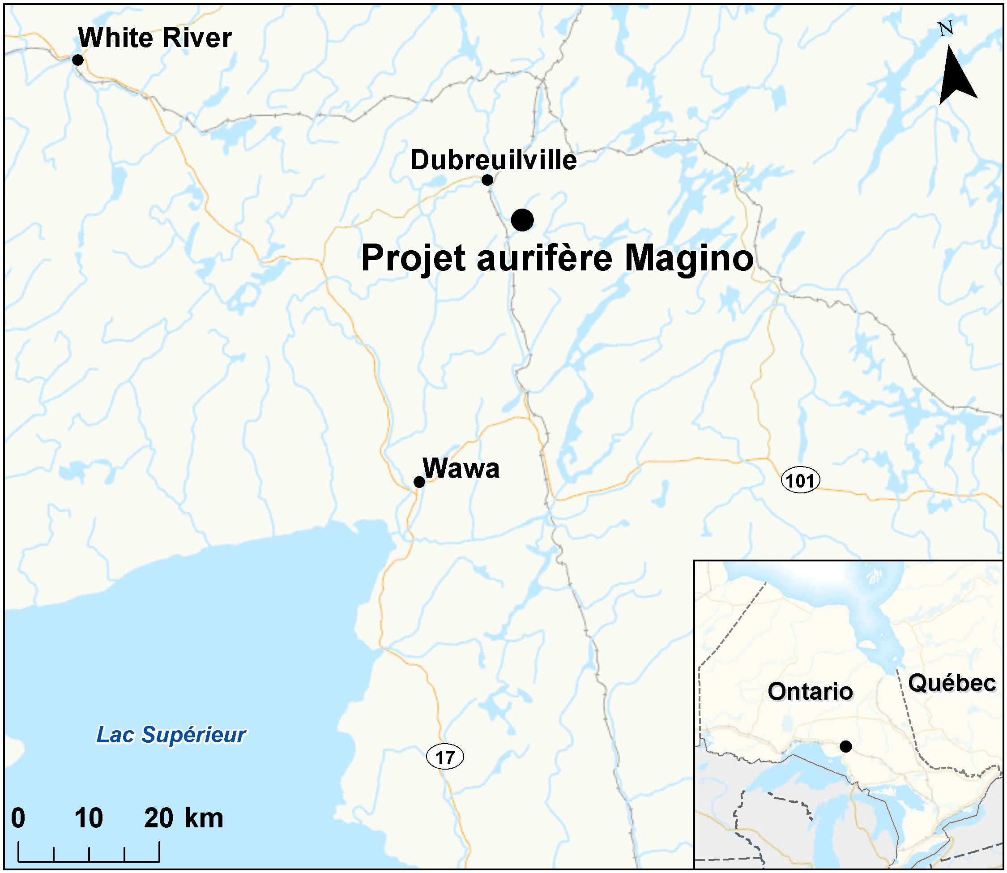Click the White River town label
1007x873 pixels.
(155, 38)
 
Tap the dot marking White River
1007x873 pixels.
(77, 60)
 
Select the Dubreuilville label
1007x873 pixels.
(493, 160)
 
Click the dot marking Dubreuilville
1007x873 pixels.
(487, 180)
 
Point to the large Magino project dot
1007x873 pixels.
(522, 220)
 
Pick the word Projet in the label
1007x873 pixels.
(414, 259)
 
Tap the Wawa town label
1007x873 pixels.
(461, 469)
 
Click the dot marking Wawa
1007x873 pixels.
(419, 482)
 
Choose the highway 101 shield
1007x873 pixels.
(800, 481)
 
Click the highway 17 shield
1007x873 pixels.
(444, 757)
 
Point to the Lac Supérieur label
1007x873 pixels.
(171, 735)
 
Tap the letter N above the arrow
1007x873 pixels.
(946, 29)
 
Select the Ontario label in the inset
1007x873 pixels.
(810, 692)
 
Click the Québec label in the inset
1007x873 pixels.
(952, 683)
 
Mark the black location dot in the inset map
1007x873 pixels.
(846, 746)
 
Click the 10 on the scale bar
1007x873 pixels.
(89, 818)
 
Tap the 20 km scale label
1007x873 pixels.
(183, 818)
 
